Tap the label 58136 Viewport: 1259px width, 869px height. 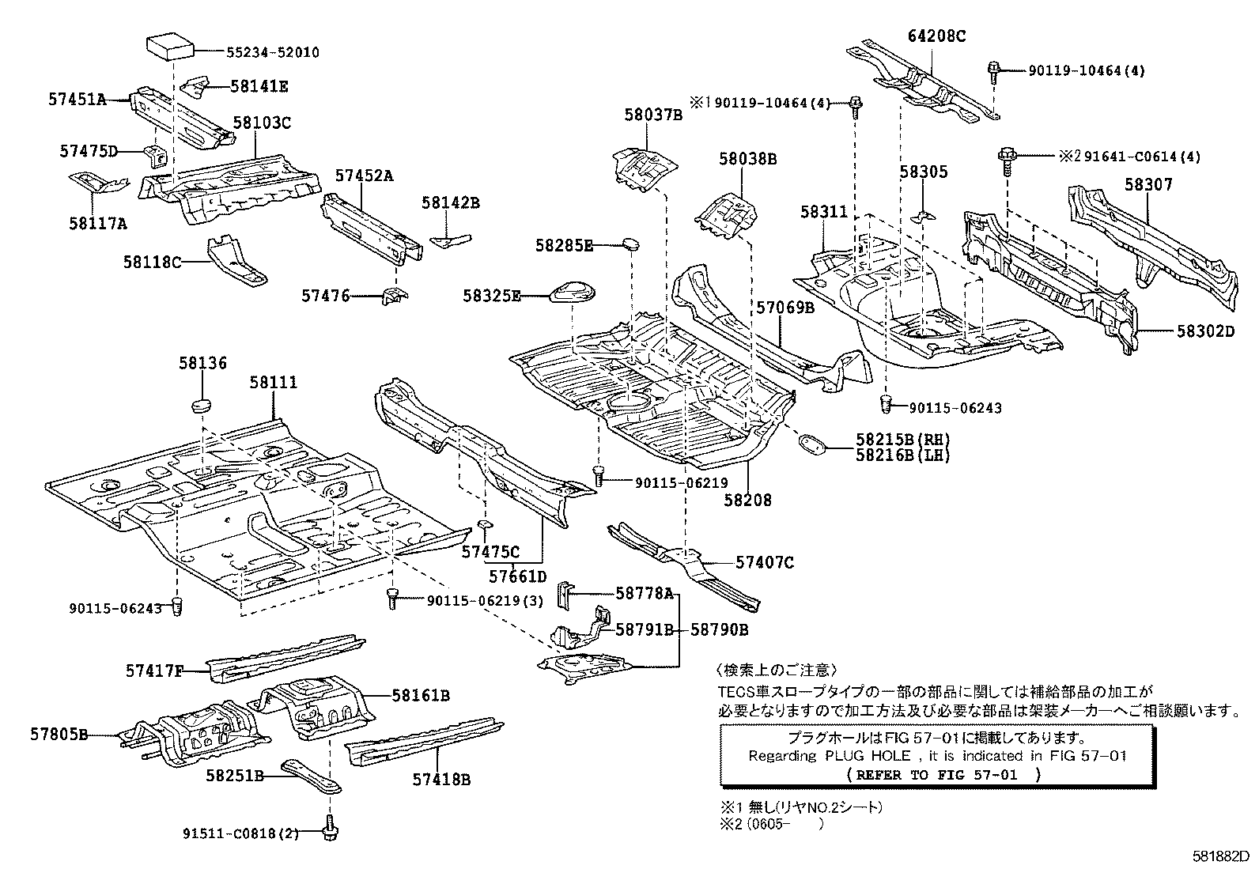tap(202, 363)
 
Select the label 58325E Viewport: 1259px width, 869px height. tap(492, 296)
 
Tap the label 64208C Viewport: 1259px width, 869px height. tap(937, 36)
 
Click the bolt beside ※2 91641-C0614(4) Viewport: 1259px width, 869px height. tap(1007, 156)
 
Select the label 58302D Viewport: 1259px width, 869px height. tap(1205, 331)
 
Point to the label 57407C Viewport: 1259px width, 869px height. tap(764, 562)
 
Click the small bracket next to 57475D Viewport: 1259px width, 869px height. tap(155, 155)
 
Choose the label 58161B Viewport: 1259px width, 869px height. tap(421, 695)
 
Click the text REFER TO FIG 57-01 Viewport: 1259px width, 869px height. tap(937, 775)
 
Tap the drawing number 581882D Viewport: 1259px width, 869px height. tap(1222, 856)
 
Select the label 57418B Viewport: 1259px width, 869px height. tap(441, 780)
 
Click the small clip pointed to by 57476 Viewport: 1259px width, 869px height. tap(394, 296)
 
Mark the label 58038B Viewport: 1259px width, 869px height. tap(747, 159)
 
